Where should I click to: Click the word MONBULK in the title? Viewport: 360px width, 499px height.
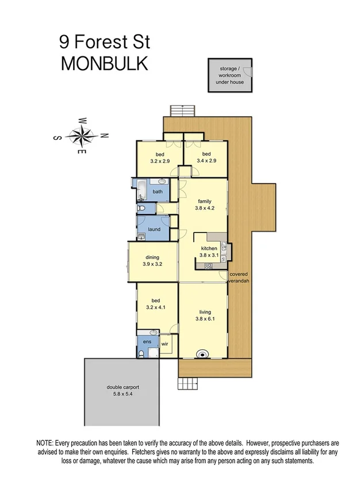point(104,64)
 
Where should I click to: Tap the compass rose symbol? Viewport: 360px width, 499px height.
point(81,135)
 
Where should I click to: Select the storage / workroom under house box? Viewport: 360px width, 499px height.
point(229,75)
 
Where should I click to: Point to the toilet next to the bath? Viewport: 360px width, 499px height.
point(141,208)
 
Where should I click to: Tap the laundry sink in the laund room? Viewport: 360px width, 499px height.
point(141,237)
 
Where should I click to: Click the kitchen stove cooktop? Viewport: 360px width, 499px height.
point(208,265)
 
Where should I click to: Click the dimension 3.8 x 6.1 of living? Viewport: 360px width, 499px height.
point(205,320)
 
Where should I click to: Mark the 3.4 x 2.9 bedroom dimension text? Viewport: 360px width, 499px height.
point(206,161)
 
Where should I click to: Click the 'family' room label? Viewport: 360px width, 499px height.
point(205,201)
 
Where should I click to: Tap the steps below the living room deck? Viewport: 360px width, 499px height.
point(187,384)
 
